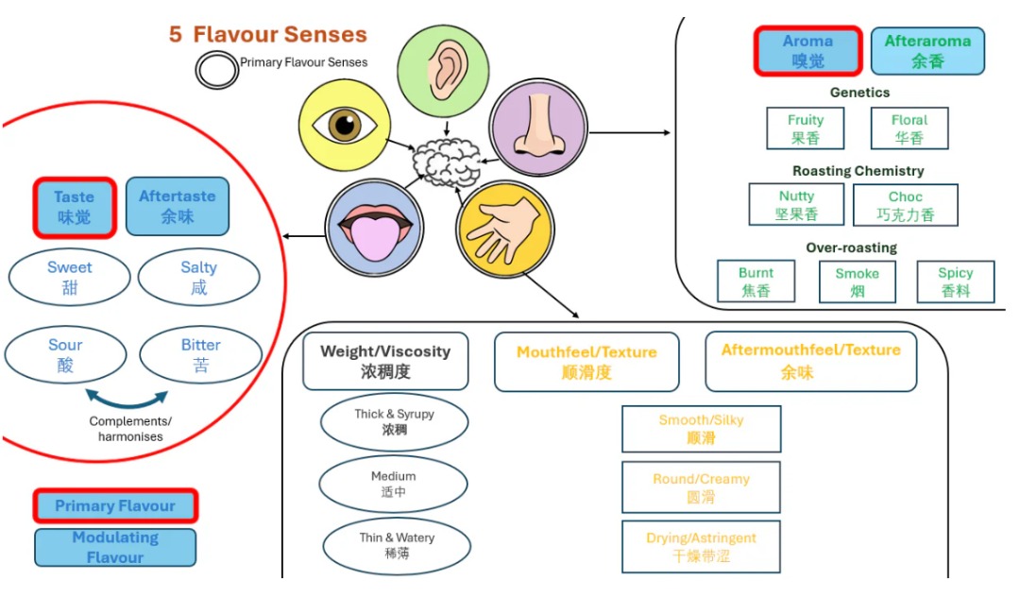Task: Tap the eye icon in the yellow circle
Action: click(343, 125)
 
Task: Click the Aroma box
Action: click(807, 51)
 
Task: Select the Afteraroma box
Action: click(926, 51)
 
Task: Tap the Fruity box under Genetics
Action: click(806, 128)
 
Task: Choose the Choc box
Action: click(905, 205)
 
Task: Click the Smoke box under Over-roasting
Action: click(857, 281)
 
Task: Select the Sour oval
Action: click(65, 354)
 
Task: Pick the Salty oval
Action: click(198, 277)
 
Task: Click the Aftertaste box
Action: click(177, 206)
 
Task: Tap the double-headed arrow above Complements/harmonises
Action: click(127, 397)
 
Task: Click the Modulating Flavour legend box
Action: click(115, 547)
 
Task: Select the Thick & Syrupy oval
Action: click(394, 421)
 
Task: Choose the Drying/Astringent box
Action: click(701, 546)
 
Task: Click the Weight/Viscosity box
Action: click(385, 361)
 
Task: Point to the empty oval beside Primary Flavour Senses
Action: click(216, 68)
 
